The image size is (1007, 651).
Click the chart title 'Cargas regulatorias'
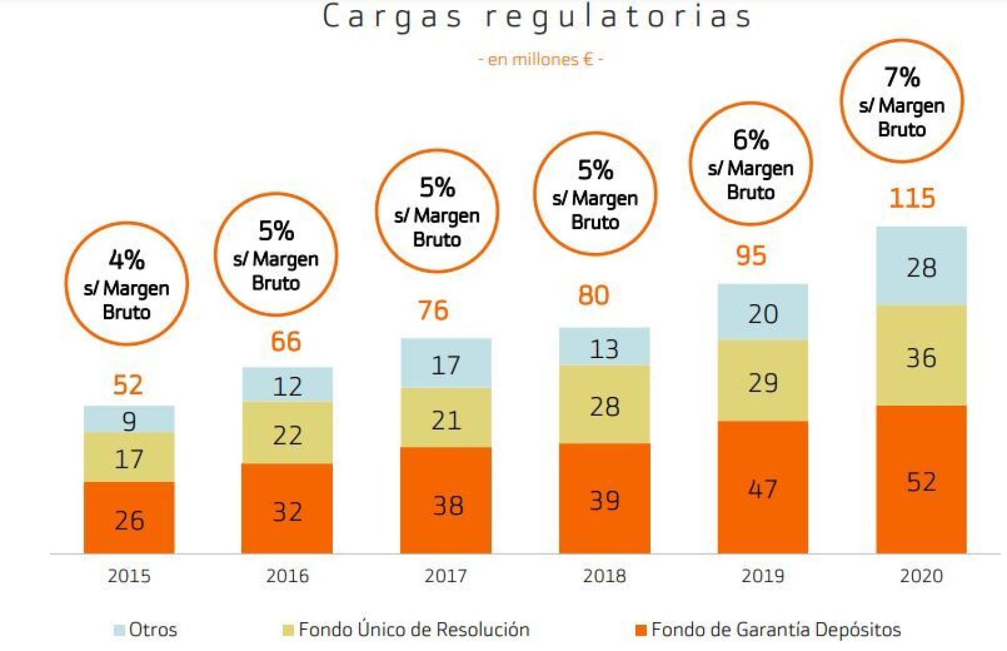[538, 17]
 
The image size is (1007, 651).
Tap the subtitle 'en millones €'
[540, 60]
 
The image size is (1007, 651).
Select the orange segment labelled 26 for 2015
[129, 518]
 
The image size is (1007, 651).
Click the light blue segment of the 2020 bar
[921, 266]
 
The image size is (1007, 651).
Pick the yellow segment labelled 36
[921, 356]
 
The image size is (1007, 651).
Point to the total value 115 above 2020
[912, 198]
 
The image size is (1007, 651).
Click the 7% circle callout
[901, 102]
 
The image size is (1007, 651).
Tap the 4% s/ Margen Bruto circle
[126, 284]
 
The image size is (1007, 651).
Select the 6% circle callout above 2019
[750, 164]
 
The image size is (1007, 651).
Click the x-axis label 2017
[446, 576]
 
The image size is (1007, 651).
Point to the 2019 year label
[763, 576]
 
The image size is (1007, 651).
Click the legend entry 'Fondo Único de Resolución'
[414, 630]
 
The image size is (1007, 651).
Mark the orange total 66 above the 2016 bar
[286, 342]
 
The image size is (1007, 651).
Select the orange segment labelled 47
[763, 487]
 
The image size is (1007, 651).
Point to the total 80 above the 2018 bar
[593, 295]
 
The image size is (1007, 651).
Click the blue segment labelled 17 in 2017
[446, 363]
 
